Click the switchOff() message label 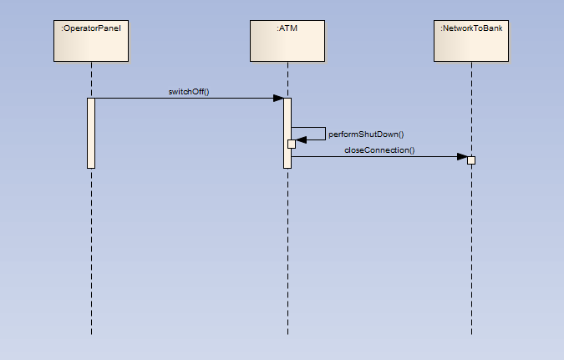pos(188,91)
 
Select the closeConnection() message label pos(379,150)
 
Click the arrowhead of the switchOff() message pos(278,99)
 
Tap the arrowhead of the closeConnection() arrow pos(461,156)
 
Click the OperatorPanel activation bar pos(91,134)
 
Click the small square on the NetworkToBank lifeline pos(471,160)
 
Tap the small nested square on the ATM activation pos(291,144)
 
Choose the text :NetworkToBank pos(471,29)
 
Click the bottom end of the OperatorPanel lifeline pos(91,334)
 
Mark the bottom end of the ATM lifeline pos(287,334)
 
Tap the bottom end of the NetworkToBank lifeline pos(471,334)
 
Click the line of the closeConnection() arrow pos(376,156)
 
